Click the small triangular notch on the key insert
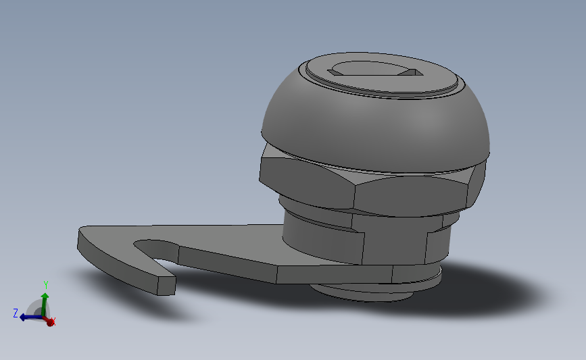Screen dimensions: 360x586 pyautogui.click(x=408, y=72)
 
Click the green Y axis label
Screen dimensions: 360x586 pyautogui.click(x=45, y=284)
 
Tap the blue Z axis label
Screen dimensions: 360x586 pyautogui.click(x=15, y=313)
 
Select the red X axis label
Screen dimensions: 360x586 pyautogui.click(x=53, y=322)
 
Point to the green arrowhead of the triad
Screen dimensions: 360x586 pyautogui.click(x=45, y=296)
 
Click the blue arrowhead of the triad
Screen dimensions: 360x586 pyautogui.click(x=22, y=317)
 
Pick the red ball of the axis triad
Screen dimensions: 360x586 pyautogui.click(x=49, y=322)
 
